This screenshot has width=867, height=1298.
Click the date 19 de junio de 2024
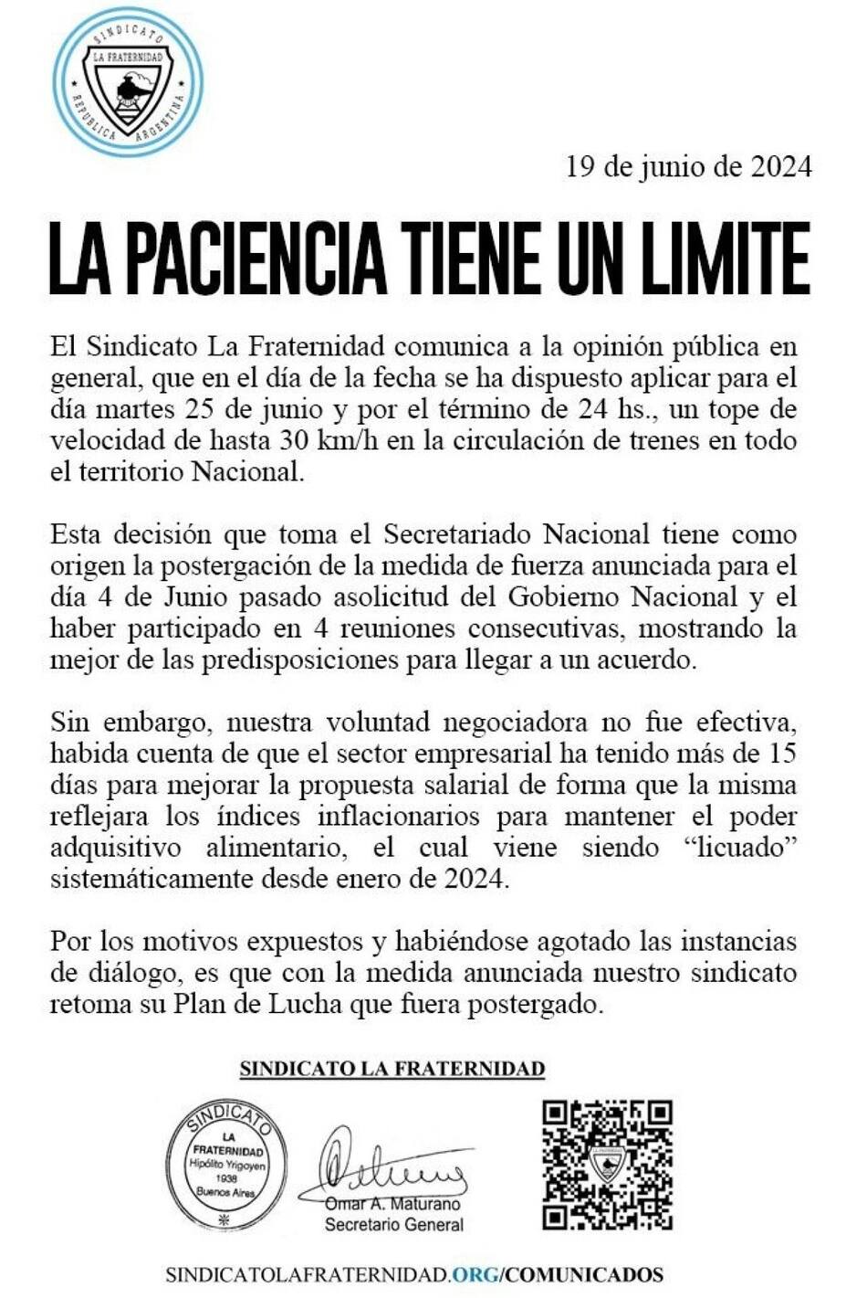point(688,166)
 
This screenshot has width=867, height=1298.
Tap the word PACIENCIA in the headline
point(256,259)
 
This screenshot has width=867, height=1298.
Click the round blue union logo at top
point(128,82)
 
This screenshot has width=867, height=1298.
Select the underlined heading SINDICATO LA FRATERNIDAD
point(392,1069)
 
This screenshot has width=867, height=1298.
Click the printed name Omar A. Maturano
point(393,1205)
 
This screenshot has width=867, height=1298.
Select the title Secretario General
point(393,1225)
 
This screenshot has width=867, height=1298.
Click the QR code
point(607,1164)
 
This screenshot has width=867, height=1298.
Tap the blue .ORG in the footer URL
point(475,1274)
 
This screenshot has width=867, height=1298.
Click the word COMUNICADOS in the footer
point(586,1274)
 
